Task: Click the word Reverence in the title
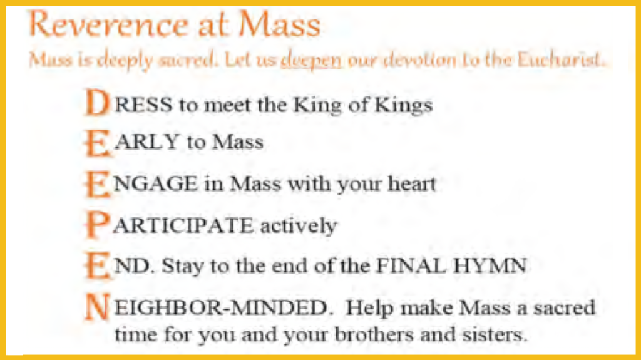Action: pyautogui.click(x=108, y=24)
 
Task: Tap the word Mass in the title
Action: pyautogui.click(x=279, y=24)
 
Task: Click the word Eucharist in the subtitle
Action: pyautogui.click(x=560, y=59)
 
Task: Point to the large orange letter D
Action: pyautogui.click(x=97, y=102)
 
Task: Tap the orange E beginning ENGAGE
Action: pyautogui.click(x=97, y=184)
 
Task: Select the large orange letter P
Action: pyautogui.click(x=97, y=225)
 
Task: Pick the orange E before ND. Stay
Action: pyautogui.click(x=97, y=266)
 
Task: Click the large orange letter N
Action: pyautogui.click(x=97, y=307)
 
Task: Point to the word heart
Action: pyautogui.click(x=412, y=183)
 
